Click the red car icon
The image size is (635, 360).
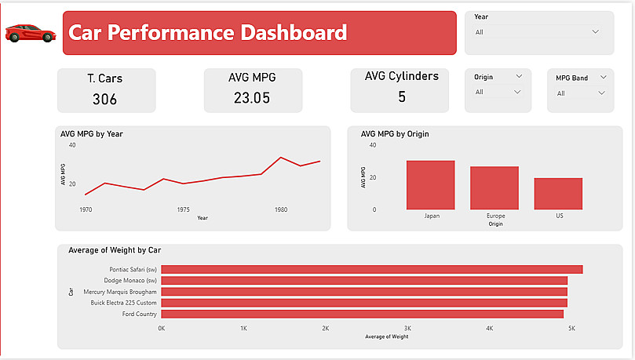tap(30, 33)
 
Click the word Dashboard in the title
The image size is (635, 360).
tap(294, 33)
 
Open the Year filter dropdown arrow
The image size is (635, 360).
tap(595, 32)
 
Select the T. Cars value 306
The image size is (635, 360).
tap(104, 99)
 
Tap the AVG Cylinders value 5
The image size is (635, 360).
tap(402, 97)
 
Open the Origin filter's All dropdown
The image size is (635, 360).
tap(517, 93)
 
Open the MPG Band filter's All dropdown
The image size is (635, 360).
tap(600, 93)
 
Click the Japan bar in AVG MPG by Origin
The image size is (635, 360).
tap(430, 185)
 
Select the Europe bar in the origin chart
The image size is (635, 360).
tap(494, 188)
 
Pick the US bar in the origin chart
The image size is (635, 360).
tap(558, 194)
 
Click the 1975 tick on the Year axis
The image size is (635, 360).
tap(183, 209)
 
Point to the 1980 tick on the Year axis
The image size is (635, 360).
tap(280, 209)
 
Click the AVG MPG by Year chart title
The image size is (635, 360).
tap(92, 134)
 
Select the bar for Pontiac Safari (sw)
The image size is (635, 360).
tap(371, 269)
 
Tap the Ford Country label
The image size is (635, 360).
tap(139, 314)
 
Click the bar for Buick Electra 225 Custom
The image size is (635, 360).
tap(363, 303)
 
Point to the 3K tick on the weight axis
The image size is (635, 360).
tap(407, 328)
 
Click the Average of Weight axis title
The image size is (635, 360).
tap(386, 337)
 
